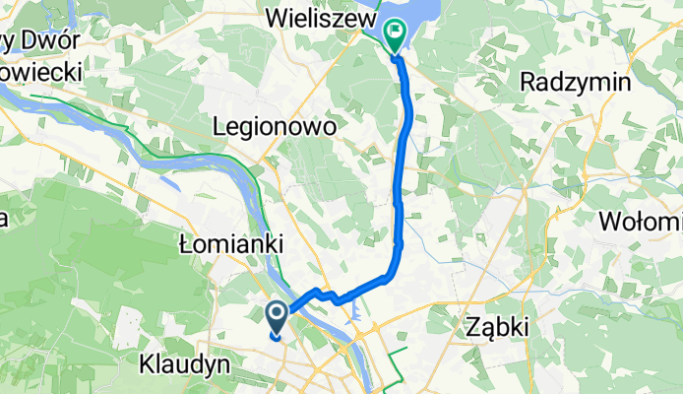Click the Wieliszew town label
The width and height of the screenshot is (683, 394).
point(320,19)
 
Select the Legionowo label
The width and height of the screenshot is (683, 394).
point(275,128)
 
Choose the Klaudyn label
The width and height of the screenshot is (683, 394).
point(185,363)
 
